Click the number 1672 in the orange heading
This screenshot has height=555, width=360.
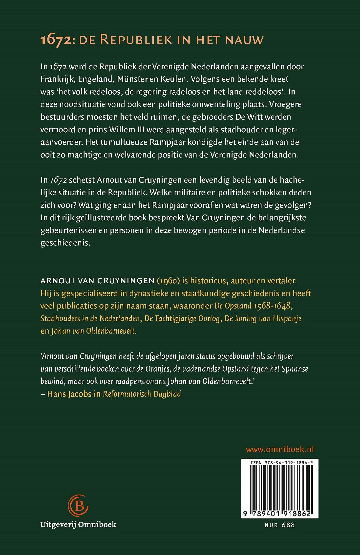pyautogui.click(x=54, y=40)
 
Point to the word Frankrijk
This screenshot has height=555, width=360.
pyautogui.click(x=57, y=79)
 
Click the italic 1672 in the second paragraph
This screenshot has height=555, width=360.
pyautogui.click(x=58, y=180)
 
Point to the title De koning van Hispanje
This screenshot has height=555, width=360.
pyautogui.click(x=263, y=318)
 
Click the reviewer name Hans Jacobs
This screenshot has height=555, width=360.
pyautogui.click(x=69, y=394)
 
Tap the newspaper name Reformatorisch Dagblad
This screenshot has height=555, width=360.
pyautogui.click(x=142, y=394)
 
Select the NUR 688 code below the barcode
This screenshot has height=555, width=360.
pyautogui.click(x=280, y=525)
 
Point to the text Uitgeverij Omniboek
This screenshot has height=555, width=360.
pyautogui.click(x=78, y=524)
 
